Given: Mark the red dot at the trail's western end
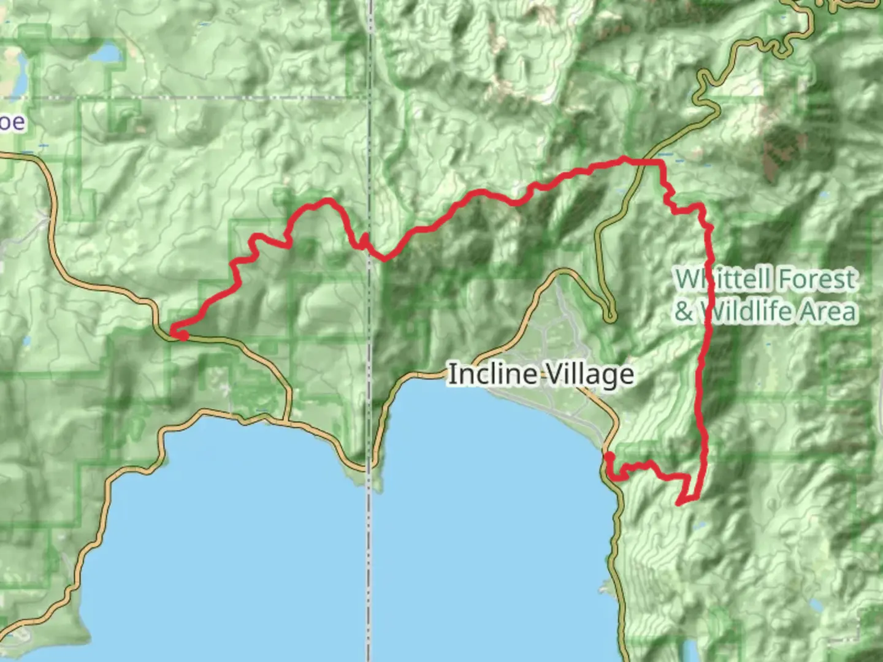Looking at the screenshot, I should [183, 335].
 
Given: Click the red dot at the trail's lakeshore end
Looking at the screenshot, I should [610, 457].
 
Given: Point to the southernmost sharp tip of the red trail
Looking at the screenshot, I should [679, 503].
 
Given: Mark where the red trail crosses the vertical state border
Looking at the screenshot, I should [370, 251].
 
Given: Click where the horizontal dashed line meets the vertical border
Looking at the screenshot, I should [370, 97].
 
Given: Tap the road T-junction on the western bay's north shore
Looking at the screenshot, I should [286, 421].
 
